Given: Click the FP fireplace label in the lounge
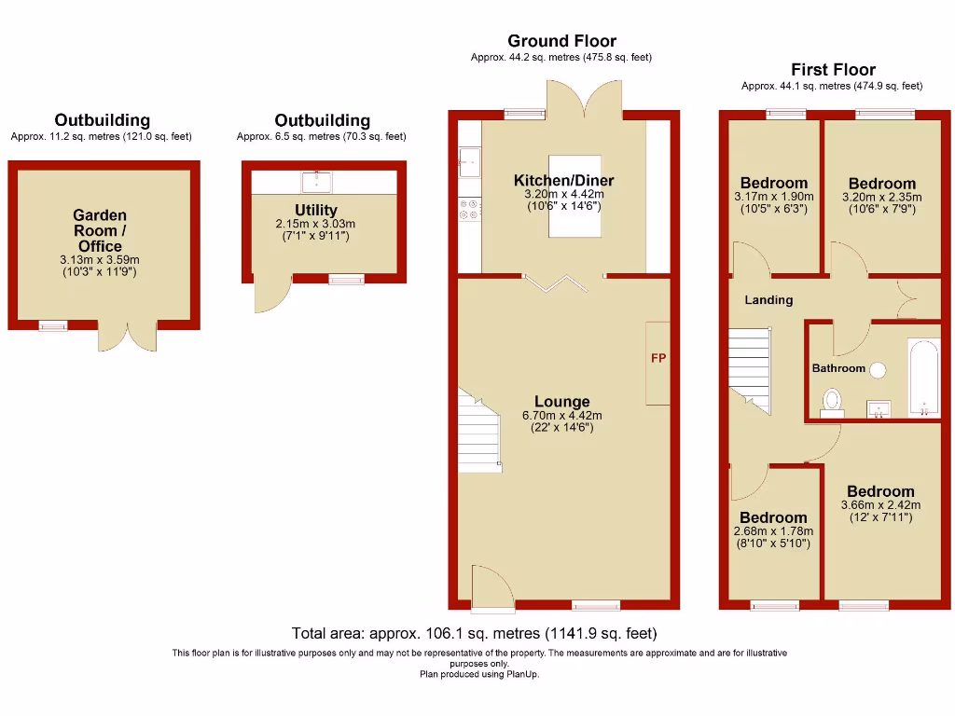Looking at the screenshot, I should coord(658,358).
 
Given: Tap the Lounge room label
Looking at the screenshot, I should coord(562,402).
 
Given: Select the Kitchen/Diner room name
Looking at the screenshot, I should coord(564,180).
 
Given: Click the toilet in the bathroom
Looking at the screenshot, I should coord(832,401).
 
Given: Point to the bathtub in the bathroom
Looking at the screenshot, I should coord(922,377).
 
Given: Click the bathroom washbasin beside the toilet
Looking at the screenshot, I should coord(879,407).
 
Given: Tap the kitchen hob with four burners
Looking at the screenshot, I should coord(469,212).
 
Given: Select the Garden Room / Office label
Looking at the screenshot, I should coord(100,230).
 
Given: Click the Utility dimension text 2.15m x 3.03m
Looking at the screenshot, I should coord(316,225).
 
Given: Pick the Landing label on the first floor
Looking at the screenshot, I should coord(768,300).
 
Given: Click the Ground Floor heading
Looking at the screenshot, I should coord(561,41).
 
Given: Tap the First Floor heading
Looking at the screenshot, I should coord(833,70).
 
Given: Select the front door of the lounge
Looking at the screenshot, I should coord(491,588).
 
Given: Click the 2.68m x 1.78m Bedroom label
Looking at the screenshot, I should coord(773,517).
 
